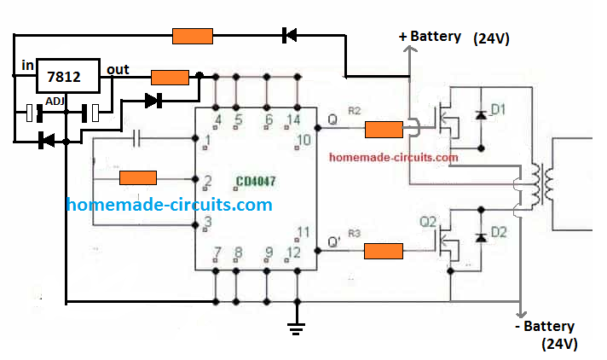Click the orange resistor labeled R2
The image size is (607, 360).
point(384,130)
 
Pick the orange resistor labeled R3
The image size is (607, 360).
point(384,251)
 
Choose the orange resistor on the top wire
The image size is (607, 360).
point(192,36)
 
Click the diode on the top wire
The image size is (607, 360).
point(289,36)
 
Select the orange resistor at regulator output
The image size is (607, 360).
point(170,77)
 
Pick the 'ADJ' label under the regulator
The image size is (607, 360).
point(55,101)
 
